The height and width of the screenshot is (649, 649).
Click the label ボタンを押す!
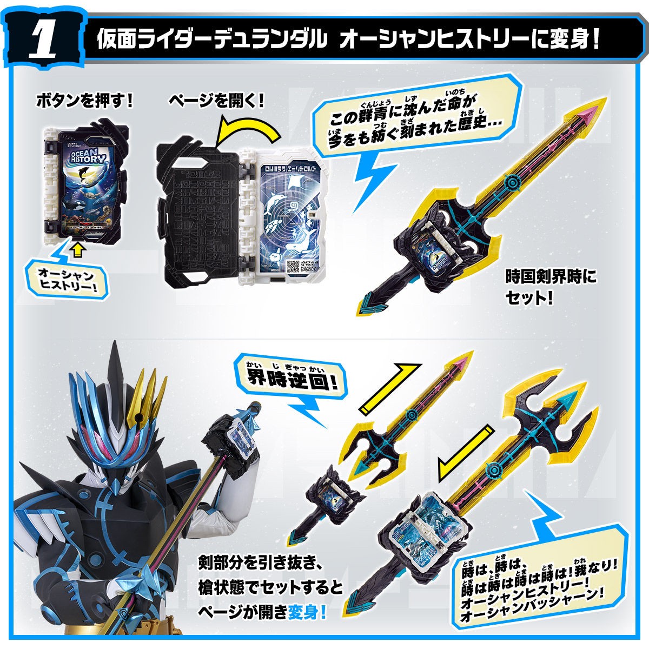point(83,101)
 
